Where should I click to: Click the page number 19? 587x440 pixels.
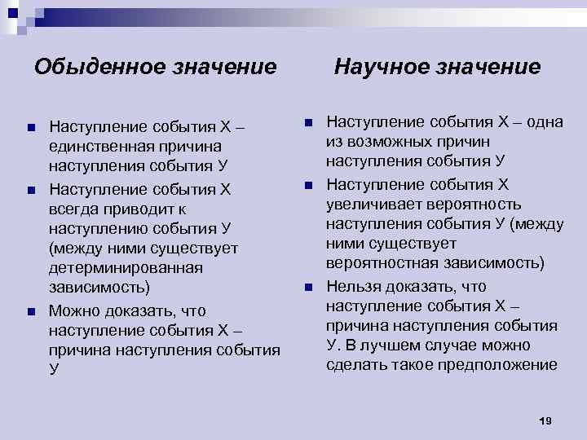tap(545, 420)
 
